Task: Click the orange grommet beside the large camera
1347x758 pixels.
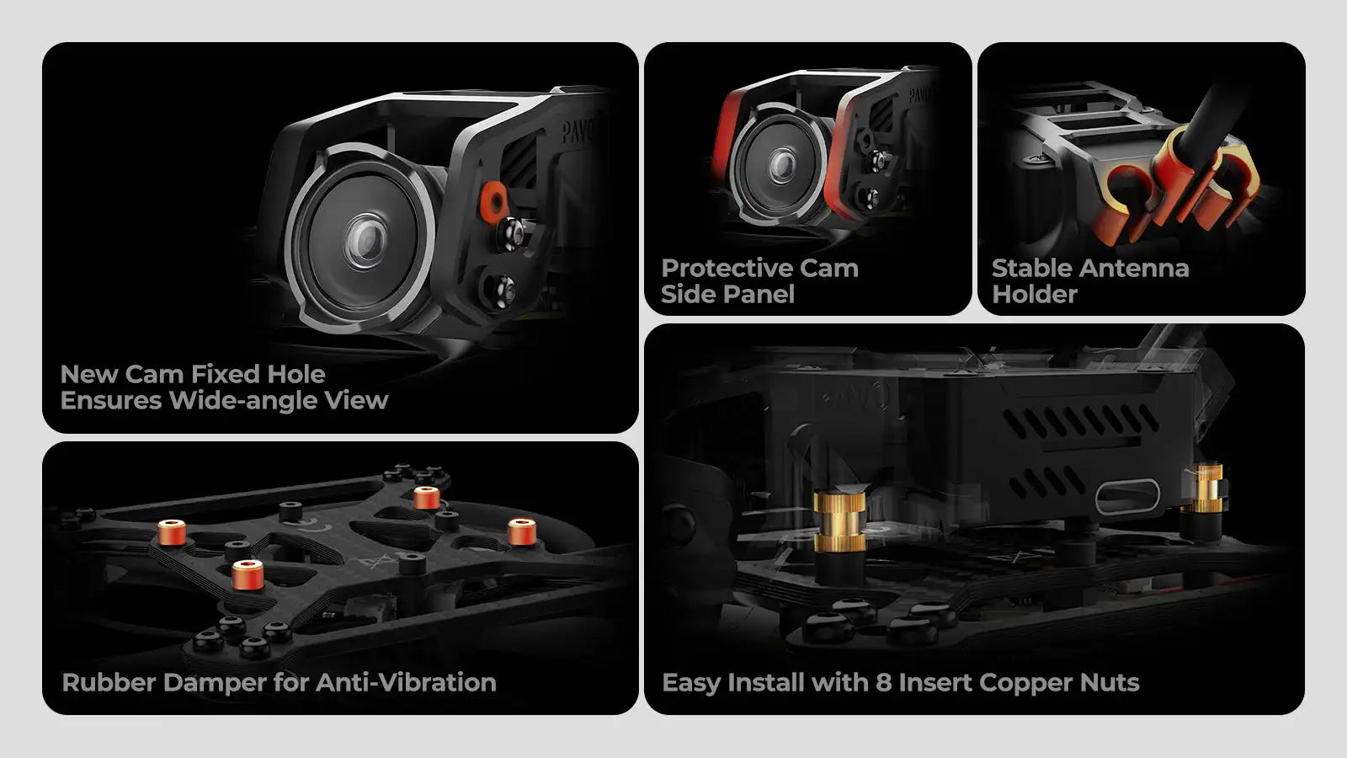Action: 493,199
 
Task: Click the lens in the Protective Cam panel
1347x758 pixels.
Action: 782,165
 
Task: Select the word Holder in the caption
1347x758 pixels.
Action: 1035,294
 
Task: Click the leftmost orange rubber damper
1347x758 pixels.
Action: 172,532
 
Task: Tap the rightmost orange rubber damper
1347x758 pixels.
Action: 521,531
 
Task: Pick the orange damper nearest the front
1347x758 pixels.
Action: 248,574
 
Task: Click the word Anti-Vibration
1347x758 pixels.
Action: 406,683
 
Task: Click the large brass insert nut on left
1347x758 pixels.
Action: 839,521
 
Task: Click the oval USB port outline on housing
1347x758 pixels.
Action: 1127,497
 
